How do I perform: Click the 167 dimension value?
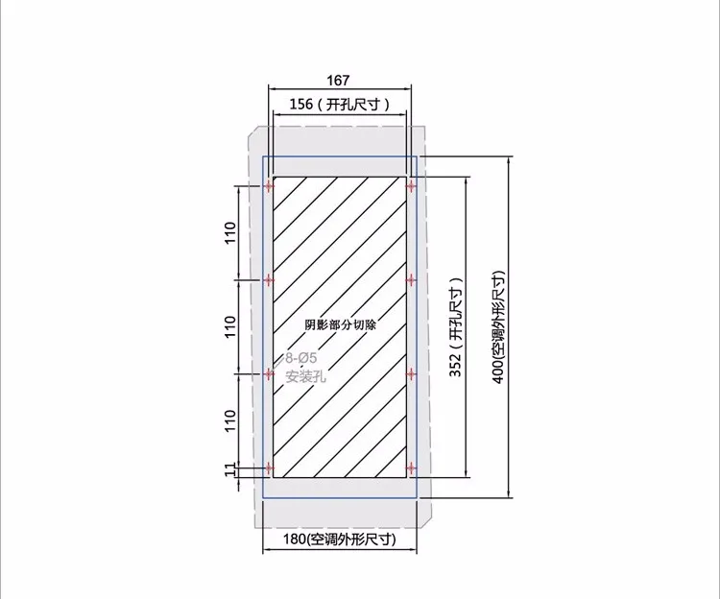338,80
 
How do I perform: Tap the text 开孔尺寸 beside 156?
357,106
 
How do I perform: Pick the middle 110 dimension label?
229,326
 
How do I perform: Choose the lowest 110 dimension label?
229,419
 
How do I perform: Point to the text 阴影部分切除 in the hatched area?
340,324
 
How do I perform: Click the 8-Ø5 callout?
301,359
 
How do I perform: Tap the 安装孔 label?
306,376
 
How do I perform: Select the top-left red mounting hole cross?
270,184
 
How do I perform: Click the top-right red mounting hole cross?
411,184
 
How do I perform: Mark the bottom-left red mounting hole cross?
270,468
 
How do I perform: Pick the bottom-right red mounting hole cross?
411,468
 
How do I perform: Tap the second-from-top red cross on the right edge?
411,279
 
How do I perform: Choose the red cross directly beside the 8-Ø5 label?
270,372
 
